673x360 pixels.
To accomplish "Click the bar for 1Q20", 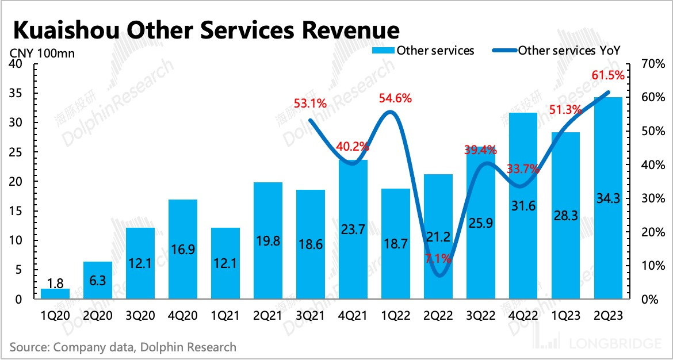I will [x=55, y=293].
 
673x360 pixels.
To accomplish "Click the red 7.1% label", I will [x=439, y=259].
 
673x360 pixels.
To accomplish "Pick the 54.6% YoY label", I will [x=395, y=98].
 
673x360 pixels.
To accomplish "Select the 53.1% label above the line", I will [x=310, y=104].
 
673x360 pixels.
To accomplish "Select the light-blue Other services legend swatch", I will [x=383, y=51].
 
